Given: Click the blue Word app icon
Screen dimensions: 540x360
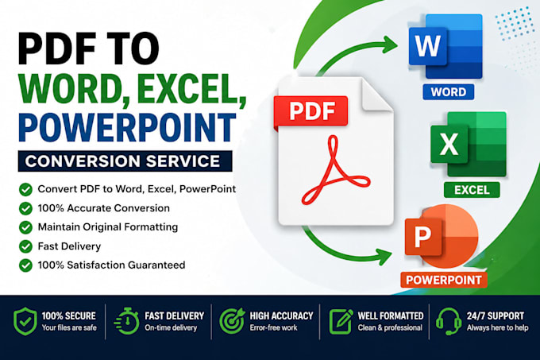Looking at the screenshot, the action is coord(445,47).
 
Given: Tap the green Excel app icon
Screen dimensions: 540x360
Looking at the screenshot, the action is coord(469,144).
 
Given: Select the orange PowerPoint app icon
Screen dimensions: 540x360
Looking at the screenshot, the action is coord(442,236).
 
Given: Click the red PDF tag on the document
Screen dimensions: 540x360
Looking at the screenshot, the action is coord(310,111).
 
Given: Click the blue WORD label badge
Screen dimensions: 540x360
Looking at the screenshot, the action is coord(449,92).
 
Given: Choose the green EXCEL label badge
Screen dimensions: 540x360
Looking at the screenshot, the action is coord(472,190).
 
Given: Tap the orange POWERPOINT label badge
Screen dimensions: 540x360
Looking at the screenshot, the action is coord(444,280).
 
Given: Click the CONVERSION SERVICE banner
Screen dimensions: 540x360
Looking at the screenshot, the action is coord(125,161).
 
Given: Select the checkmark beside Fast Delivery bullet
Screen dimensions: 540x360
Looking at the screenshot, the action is coord(25,246).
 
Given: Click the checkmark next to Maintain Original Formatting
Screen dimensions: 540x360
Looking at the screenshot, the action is coord(25,227).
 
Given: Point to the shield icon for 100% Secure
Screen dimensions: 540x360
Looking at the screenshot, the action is coord(25,321).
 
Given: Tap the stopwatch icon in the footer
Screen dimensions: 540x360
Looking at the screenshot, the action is coord(126,321).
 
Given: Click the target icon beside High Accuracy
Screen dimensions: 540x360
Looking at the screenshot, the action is coord(232,321).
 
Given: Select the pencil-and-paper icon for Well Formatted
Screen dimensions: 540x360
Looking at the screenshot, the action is coord(341,321).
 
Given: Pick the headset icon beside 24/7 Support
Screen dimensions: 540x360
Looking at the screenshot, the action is coord(449,321).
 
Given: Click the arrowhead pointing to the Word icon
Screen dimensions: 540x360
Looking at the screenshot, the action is coord(390,44).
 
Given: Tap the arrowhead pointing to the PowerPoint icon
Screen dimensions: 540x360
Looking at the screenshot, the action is coord(384,257).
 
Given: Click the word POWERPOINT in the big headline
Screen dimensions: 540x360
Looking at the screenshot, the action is coord(127,126).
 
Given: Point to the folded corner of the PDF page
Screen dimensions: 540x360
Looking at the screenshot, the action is coord(377,95).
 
